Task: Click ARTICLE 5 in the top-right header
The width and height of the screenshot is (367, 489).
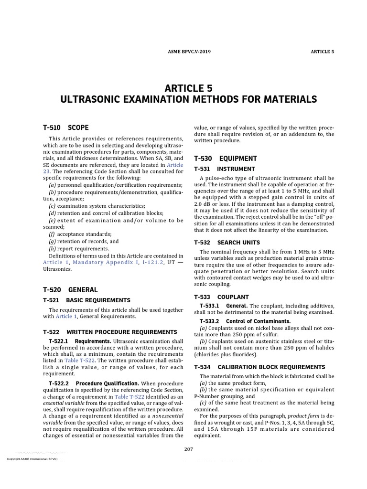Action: (323, 52)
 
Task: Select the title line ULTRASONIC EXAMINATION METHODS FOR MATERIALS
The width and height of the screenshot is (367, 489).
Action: (188, 99)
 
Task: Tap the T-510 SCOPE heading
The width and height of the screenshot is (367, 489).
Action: (65, 128)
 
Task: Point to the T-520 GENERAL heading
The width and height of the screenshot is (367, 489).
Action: (70, 290)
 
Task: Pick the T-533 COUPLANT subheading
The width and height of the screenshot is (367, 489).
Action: (221, 297)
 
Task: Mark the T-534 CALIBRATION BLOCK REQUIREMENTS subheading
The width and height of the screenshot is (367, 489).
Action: (259, 367)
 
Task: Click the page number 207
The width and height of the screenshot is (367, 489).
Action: (188, 449)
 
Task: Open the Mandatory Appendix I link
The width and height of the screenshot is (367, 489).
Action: (106, 263)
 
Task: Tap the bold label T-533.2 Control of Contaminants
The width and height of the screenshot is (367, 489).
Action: (245, 321)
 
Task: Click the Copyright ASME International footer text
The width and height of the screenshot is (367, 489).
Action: (32, 459)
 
